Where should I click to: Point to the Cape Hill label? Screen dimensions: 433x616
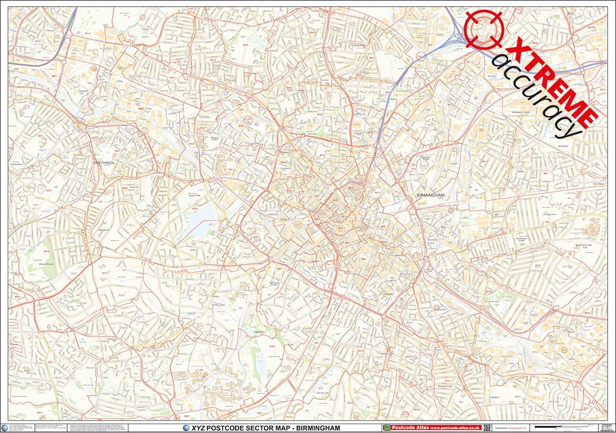(x=135, y=187)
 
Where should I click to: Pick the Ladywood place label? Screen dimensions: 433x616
(x=273, y=214)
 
